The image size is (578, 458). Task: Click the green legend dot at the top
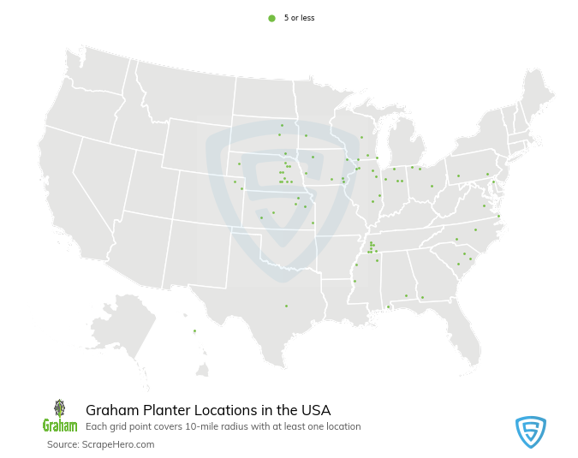tap(271, 18)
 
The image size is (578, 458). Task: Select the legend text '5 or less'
tap(299, 18)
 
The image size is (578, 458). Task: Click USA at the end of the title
tap(314, 410)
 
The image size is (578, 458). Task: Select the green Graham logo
tap(59, 416)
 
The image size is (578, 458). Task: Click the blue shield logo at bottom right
tap(531, 431)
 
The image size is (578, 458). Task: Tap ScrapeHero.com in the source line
tap(118, 444)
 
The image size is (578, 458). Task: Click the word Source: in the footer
tap(63, 444)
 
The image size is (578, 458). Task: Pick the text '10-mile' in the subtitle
tap(203, 426)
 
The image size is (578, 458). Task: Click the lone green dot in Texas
tap(286, 306)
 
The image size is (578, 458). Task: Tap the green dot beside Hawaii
tap(194, 330)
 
